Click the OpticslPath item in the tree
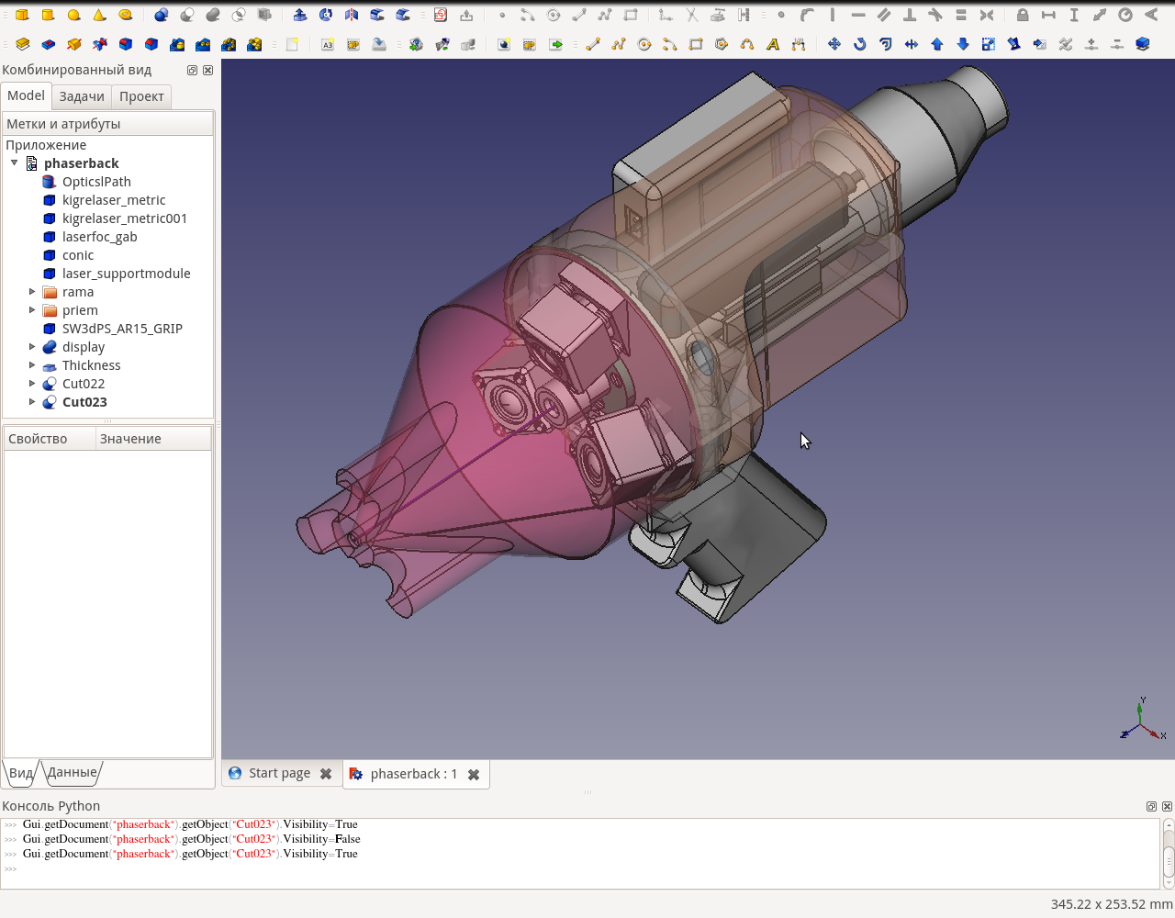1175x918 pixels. pos(96,182)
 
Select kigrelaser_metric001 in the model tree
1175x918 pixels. pos(124,218)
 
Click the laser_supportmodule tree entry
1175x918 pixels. pos(126,274)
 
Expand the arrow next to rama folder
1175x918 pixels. pos(32,292)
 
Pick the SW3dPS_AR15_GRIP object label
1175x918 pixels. pos(122,329)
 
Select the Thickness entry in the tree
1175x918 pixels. pos(91,365)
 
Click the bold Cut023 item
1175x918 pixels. pos(84,402)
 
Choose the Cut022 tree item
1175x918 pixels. pos(83,384)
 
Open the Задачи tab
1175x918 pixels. pos(82,96)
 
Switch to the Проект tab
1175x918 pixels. pos(141,96)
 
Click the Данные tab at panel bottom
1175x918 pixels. pos(72,772)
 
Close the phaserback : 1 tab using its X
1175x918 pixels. pos(474,774)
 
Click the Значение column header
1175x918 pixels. pos(130,439)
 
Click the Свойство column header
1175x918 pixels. pos(38,439)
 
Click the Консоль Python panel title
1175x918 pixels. pos(50,806)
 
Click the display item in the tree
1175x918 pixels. pos(83,347)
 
